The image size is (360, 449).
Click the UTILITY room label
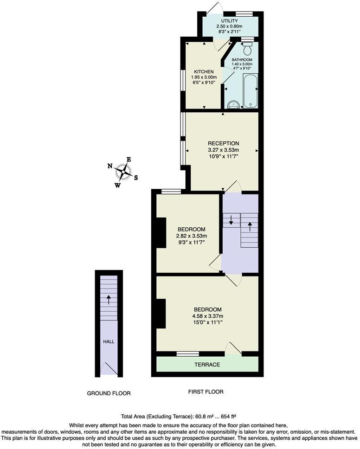click(x=230, y=21)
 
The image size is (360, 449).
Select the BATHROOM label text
click(x=242, y=60)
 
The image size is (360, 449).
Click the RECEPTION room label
click(x=223, y=143)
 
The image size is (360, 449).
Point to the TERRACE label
click(x=207, y=365)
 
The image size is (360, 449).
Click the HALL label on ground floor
click(x=109, y=341)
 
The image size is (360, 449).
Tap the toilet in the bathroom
click(x=248, y=48)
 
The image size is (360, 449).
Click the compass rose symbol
click(x=123, y=173)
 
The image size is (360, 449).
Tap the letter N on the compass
click(x=110, y=166)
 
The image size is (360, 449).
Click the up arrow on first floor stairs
click(x=250, y=227)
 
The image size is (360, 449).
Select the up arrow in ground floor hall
click(x=109, y=299)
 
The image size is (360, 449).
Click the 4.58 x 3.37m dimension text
click(x=207, y=316)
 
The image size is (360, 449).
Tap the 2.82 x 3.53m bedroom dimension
click(x=191, y=236)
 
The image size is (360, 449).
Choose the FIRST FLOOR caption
click(x=206, y=391)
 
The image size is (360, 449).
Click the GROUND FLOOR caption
click(x=109, y=393)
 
